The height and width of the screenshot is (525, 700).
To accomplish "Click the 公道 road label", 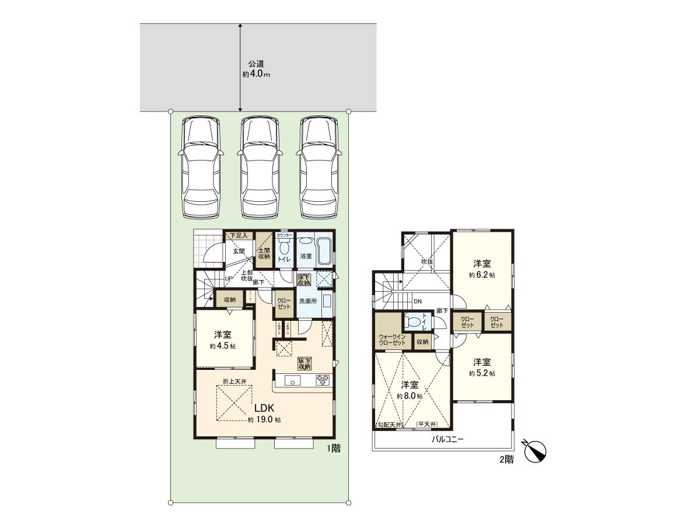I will pos(252,64).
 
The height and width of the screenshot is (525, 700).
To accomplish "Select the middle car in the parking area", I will pos(260,167).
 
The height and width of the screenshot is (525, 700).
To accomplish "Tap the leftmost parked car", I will pos(200,167).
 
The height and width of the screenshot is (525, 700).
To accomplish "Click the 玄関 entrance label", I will pos(239,251).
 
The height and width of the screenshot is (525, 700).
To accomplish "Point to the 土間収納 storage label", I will pos(264,253).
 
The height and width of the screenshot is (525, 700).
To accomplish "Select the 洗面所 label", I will pos(307,301).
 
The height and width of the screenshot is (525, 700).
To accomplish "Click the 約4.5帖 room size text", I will pos(222,346).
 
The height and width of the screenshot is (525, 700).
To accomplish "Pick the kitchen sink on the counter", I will pos(292,381).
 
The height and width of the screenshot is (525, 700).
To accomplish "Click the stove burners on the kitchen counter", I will pos(323,381).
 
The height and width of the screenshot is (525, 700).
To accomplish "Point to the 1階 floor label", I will pos(333,449).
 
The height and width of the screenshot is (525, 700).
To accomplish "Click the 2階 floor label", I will pos(506,459).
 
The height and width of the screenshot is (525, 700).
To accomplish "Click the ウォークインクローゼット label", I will pos(392,339).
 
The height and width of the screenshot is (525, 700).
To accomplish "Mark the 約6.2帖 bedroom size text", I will pos(482,274).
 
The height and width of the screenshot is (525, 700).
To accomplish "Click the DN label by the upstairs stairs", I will pos(417,302).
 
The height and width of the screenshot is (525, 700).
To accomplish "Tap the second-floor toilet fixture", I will pos(415,321).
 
